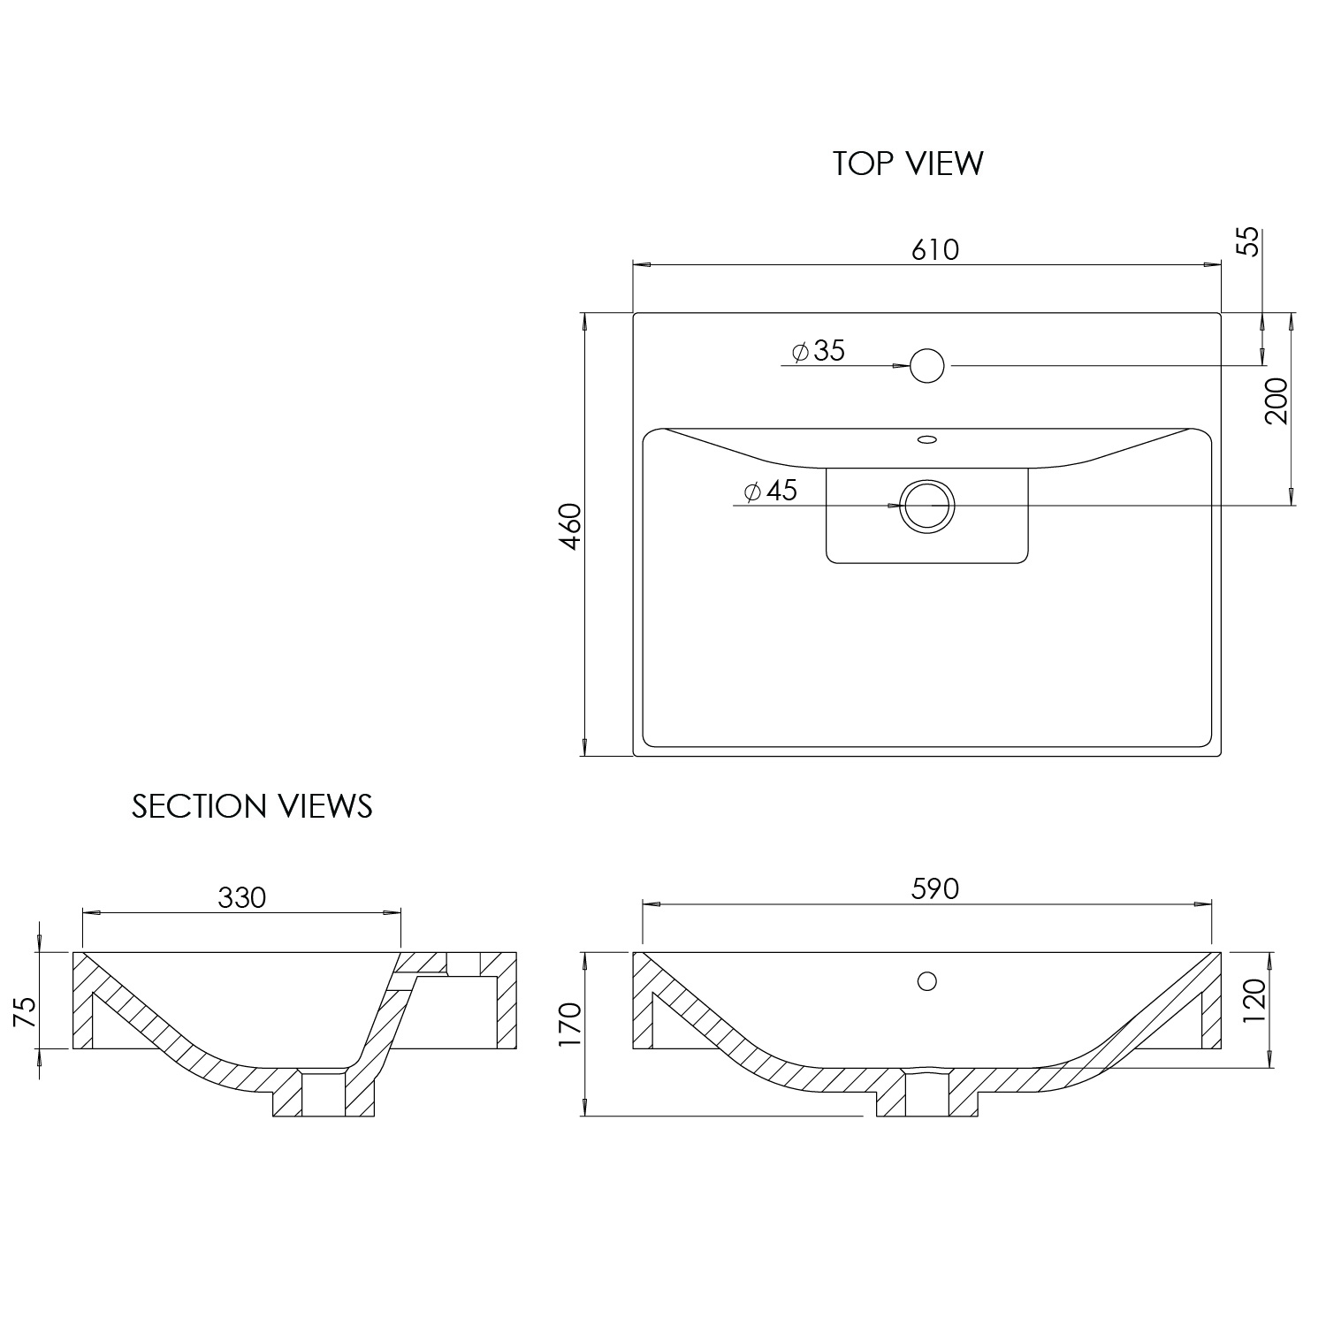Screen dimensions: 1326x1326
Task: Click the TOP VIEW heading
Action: tap(907, 164)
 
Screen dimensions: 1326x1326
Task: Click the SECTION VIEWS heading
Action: tap(252, 806)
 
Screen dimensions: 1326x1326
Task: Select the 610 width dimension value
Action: tap(934, 250)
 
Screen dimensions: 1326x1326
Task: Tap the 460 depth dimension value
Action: tap(571, 526)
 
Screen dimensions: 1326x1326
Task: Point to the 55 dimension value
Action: tap(1246, 241)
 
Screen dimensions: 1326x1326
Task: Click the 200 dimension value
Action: tap(1276, 400)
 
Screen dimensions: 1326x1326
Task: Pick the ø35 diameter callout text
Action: tap(819, 351)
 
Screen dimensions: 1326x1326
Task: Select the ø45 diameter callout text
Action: tap(771, 491)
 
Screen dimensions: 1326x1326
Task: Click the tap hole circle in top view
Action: tap(926, 365)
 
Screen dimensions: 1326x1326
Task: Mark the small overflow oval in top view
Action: tap(926, 438)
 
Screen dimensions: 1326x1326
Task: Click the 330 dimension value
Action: tap(241, 897)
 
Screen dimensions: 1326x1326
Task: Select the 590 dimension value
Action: tap(934, 888)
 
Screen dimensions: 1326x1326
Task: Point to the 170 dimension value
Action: tap(571, 1024)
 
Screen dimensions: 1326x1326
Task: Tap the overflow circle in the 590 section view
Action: tap(926, 980)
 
